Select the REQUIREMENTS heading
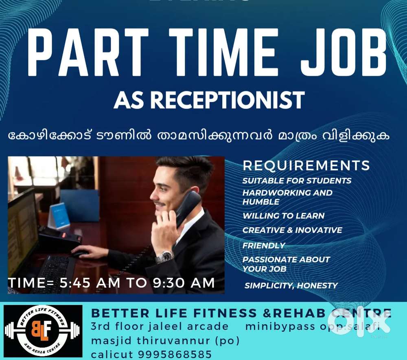pyautogui.click(x=306, y=166)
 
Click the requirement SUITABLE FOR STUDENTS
pyautogui.click(x=297, y=180)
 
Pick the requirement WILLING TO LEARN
pyautogui.click(x=283, y=216)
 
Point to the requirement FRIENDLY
pyautogui.click(x=264, y=246)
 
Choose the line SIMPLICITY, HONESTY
pyautogui.click(x=291, y=286)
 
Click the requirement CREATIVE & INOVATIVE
pyautogui.click(x=292, y=230)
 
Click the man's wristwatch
pyautogui.click(x=165, y=257)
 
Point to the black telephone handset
pyautogui.click(x=188, y=208)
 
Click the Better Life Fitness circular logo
pyautogui.click(x=43, y=331)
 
